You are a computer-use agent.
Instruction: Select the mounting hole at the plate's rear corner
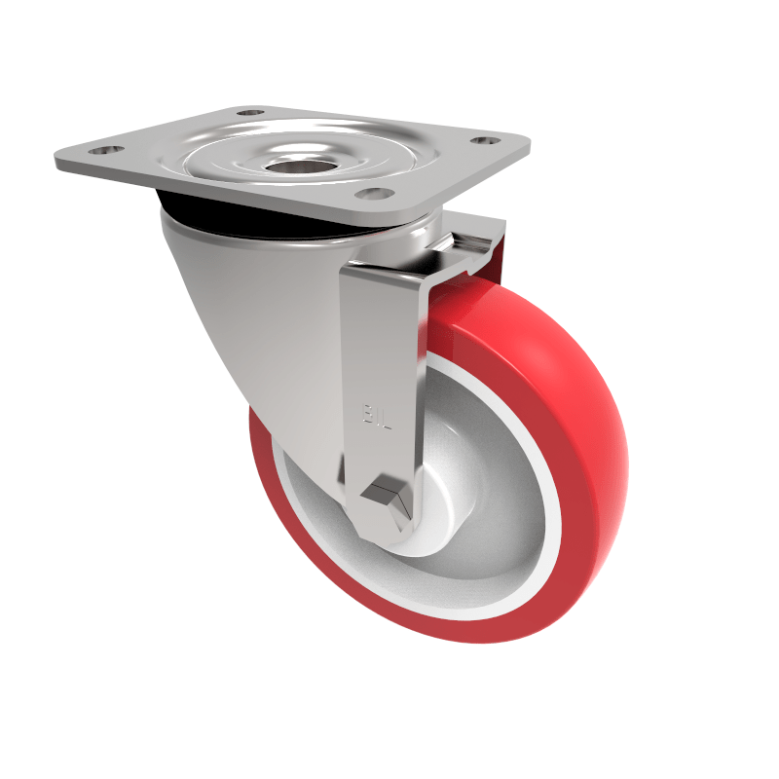pyautogui.click(x=251, y=113)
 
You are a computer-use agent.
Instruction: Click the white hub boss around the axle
pyautogui.click(x=428, y=531)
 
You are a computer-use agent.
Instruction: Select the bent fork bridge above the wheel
pyautogui.click(x=458, y=258)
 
